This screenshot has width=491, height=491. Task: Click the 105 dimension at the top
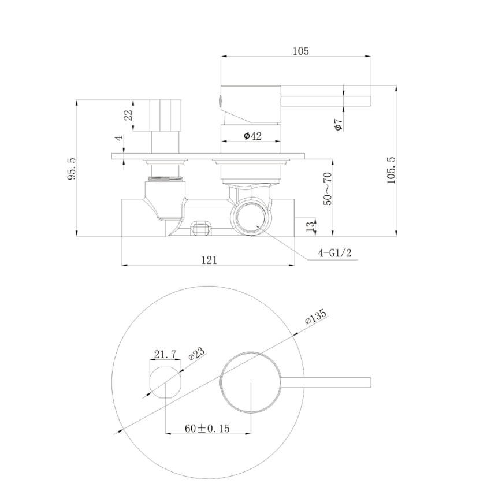click(x=300, y=51)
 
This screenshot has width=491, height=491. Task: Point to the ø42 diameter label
click(x=253, y=136)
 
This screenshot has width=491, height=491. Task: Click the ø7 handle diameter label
click(x=339, y=124)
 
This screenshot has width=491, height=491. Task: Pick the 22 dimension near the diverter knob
click(x=128, y=115)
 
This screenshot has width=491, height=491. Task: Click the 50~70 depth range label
click(x=328, y=188)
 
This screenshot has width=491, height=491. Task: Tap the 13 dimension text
click(x=310, y=224)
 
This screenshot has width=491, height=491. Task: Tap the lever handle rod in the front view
click(x=326, y=382)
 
